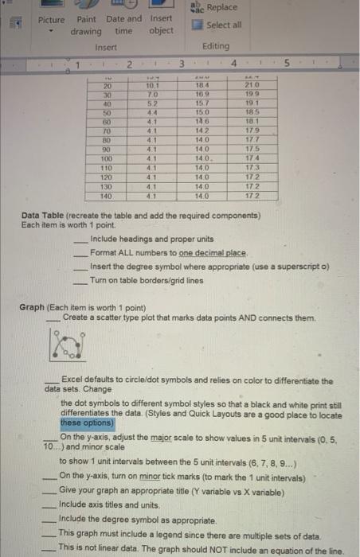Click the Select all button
(218, 25)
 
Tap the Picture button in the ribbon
(52, 19)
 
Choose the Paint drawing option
(86, 25)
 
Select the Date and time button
(123, 25)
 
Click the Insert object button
(161, 25)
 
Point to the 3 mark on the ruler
(182, 63)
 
